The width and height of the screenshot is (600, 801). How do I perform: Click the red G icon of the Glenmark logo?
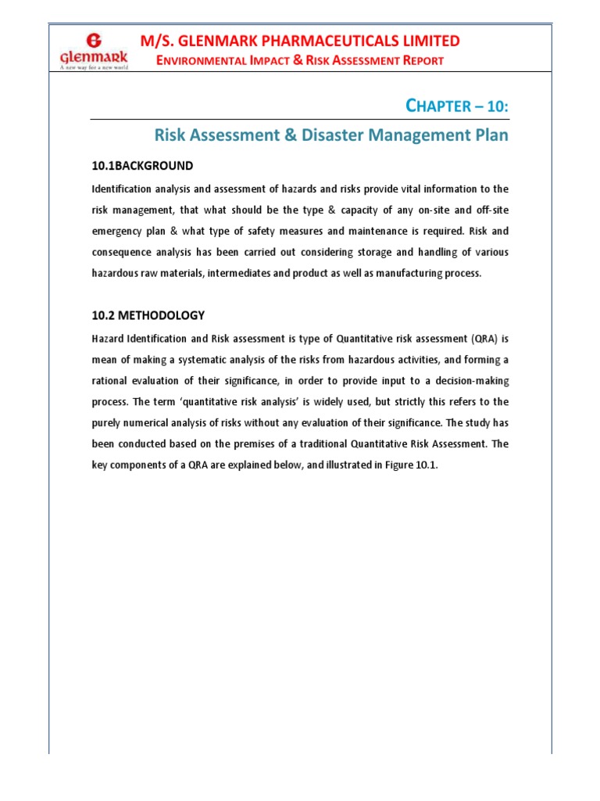click(x=94, y=40)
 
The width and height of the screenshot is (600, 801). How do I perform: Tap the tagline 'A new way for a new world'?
click(x=94, y=67)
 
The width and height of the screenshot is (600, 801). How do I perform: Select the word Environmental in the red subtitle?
click(x=198, y=61)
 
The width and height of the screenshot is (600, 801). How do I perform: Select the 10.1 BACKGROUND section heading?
click(x=142, y=166)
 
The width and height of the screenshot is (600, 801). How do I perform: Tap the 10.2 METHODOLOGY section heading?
click(x=148, y=315)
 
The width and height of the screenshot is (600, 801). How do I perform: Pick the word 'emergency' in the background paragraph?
click(x=119, y=232)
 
